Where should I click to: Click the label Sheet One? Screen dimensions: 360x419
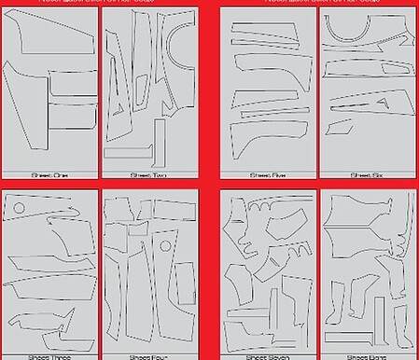[49, 174]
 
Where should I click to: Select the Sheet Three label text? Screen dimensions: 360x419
[49, 356]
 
